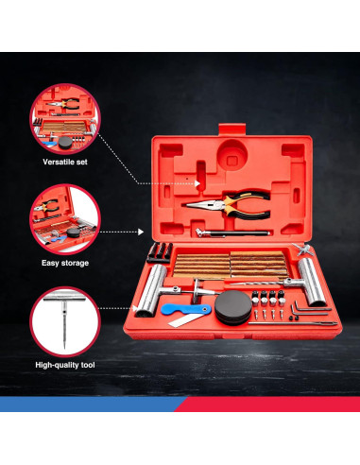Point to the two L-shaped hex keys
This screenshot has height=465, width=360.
coord(302,311)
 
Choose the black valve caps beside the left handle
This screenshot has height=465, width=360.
coord(161,250)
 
